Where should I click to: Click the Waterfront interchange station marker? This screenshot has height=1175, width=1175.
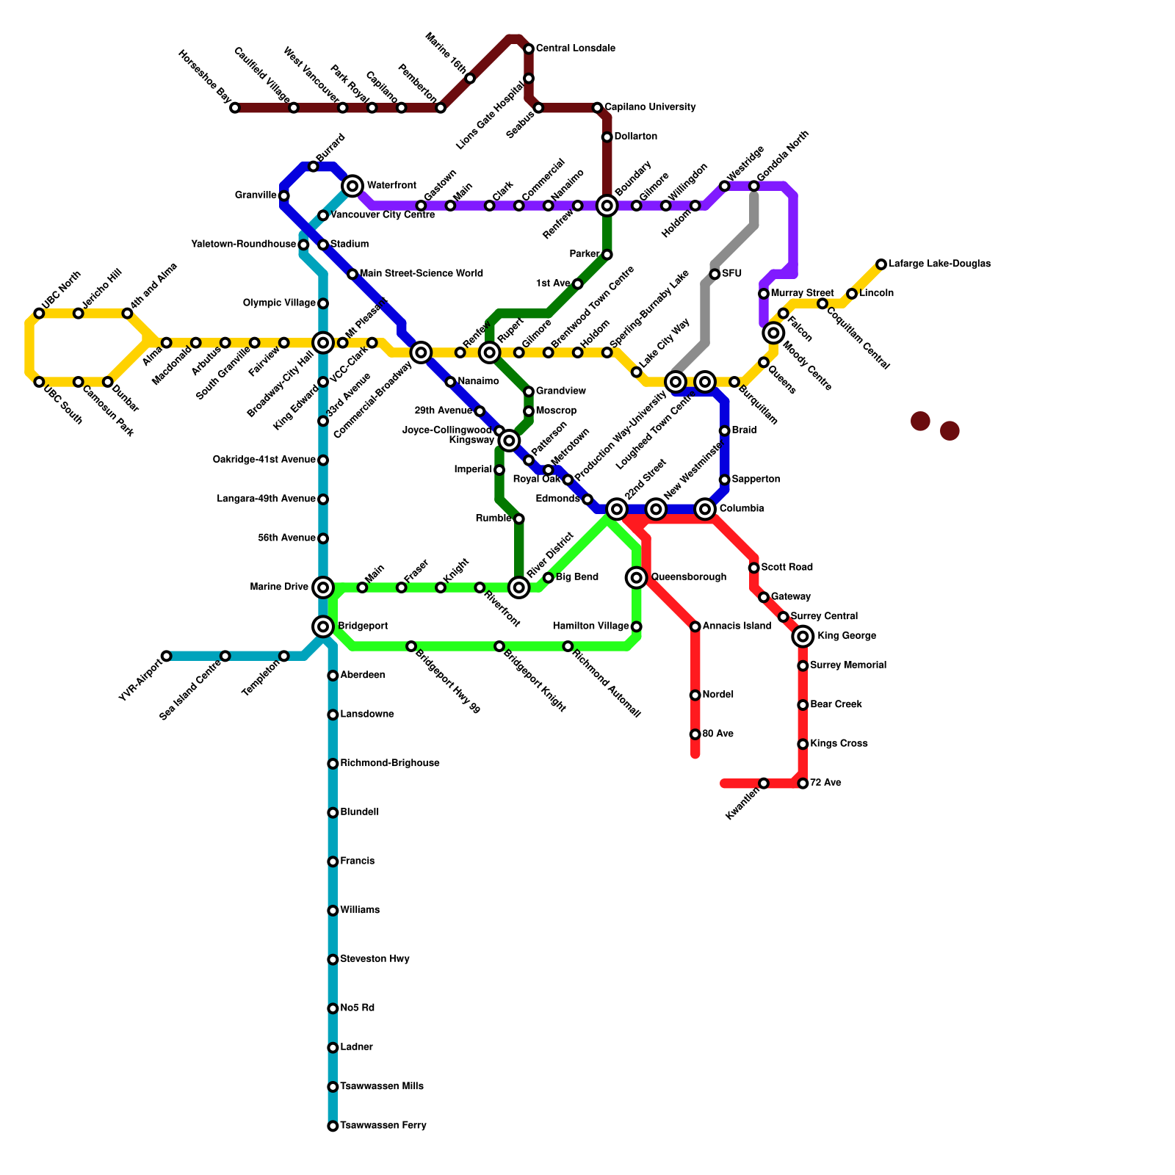(352, 186)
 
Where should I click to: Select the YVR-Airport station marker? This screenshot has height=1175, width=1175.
(167, 656)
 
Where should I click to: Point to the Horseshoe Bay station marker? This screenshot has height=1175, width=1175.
(235, 108)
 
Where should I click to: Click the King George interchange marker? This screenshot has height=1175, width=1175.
(803, 637)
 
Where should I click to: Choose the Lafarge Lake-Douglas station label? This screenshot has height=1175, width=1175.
(939, 264)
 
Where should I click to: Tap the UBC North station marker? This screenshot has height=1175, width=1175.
(39, 314)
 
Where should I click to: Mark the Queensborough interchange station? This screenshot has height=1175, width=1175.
(637, 578)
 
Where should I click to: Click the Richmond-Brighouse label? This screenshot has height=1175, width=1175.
(389, 764)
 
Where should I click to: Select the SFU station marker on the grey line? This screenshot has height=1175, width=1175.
(715, 275)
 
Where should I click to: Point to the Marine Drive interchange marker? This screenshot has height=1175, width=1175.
(323, 587)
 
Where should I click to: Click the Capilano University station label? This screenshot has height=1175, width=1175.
(650, 107)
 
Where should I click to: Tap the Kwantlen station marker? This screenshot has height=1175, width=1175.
(764, 784)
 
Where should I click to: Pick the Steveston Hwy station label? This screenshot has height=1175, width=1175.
(375, 959)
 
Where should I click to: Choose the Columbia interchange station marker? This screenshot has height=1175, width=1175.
(705, 509)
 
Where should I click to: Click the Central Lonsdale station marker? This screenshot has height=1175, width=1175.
(529, 49)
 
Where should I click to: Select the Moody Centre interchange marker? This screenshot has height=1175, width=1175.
(773, 333)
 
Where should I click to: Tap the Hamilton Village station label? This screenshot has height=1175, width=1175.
(590, 626)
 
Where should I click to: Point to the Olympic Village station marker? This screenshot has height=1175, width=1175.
(323, 303)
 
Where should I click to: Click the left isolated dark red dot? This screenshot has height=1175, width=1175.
(920, 422)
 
